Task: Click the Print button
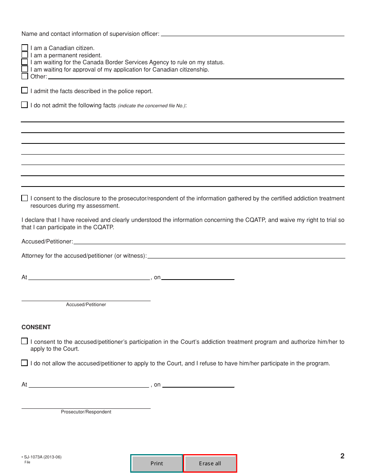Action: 157,463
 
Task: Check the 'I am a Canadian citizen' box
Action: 25,48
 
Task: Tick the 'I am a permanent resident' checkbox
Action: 25,55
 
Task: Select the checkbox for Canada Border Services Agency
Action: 25,62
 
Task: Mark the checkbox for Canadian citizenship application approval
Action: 25,69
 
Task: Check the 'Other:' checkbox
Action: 25,76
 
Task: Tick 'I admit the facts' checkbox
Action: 25,91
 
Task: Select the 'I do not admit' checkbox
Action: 25,105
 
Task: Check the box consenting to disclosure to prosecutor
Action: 25,198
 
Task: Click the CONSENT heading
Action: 36,327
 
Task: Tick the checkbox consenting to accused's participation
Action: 25,341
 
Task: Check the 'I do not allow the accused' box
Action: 25,363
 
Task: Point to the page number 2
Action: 342,456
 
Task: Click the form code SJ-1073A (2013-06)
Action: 42,457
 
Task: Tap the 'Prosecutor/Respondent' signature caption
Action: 86,412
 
